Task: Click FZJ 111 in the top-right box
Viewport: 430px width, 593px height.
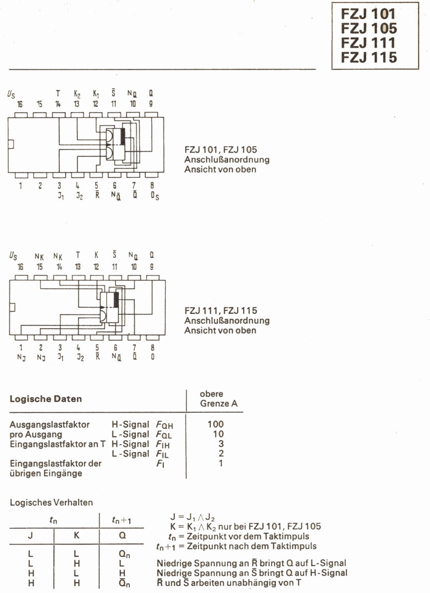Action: click(x=368, y=42)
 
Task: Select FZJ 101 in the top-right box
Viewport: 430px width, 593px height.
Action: click(x=368, y=14)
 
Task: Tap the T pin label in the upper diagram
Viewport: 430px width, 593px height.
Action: click(x=58, y=93)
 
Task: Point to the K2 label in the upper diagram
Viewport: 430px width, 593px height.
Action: click(x=77, y=94)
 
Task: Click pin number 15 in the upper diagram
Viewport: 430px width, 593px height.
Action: click(x=39, y=104)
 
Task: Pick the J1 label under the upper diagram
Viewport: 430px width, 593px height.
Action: click(x=61, y=196)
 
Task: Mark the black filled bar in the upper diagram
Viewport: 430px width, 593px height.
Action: click(x=123, y=136)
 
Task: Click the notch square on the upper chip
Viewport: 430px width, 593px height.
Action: click(x=10, y=144)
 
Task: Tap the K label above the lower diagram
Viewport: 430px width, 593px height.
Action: click(x=96, y=254)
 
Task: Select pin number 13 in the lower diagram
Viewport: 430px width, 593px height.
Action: click(x=78, y=266)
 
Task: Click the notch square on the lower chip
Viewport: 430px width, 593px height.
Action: click(x=12, y=307)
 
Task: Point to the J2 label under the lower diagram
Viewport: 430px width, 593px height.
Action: click(x=80, y=357)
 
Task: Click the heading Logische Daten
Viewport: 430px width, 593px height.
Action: click(x=46, y=399)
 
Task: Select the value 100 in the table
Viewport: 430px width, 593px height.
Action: click(x=216, y=424)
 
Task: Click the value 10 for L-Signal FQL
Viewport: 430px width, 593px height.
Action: click(x=218, y=434)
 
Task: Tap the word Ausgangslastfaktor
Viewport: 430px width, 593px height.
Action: click(x=49, y=424)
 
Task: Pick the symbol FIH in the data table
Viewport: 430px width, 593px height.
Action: click(x=162, y=444)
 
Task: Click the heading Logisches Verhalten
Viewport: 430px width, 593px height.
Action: click(x=51, y=502)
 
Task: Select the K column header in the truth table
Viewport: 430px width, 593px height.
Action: click(x=77, y=535)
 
